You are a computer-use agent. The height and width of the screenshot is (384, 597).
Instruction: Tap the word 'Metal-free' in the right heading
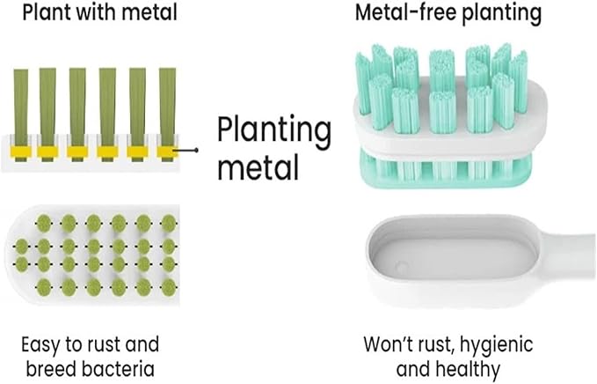405,11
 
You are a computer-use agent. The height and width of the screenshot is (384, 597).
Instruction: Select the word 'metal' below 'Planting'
258,168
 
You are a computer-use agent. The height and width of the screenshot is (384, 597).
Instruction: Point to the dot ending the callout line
196,151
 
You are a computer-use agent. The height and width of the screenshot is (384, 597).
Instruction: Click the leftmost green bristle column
21,114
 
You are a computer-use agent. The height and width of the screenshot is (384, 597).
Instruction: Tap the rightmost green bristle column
167,114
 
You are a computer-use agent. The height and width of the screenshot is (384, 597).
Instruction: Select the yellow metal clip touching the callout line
167,151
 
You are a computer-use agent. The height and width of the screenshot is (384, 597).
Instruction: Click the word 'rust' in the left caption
102,344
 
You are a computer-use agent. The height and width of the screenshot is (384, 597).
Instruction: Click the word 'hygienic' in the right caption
496,345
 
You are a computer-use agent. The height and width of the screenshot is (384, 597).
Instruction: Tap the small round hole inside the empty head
401,267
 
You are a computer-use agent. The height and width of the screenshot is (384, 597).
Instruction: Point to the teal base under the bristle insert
445,170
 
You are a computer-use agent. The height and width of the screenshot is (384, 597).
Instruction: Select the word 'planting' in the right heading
501,13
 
